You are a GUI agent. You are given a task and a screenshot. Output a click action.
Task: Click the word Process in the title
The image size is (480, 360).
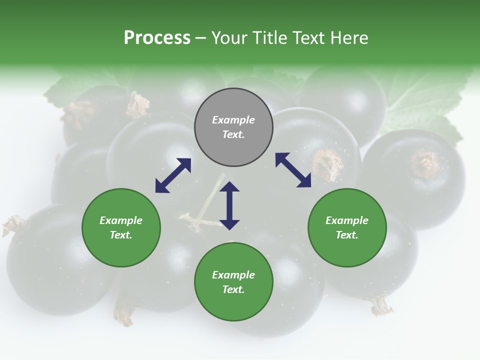click(x=157, y=38)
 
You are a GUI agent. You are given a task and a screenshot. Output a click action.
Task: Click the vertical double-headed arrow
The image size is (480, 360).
click(x=229, y=205)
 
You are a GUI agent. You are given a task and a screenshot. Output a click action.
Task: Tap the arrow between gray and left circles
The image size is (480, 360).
click(x=173, y=175)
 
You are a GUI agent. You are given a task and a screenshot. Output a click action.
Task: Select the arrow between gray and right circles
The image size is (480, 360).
click(x=293, y=170)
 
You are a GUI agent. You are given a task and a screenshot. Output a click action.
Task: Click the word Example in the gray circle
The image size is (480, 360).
click(x=233, y=120)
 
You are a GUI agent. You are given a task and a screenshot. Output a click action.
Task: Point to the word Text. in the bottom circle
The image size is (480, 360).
click(x=233, y=289)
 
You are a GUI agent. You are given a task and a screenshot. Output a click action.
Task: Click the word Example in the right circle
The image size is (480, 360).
click(x=347, y=220)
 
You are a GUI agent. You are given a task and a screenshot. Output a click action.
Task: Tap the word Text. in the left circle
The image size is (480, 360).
click(x=121, y=235)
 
